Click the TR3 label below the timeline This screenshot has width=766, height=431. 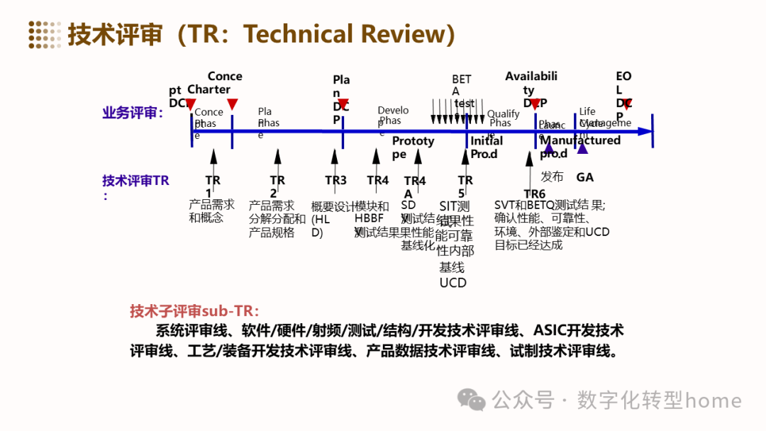pos(335,180)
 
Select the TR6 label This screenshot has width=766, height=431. pos(534,194)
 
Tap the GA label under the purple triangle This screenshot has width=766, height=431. pos(584,177)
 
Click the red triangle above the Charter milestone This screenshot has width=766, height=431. pos(232,104)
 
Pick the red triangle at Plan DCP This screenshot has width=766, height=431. pos(343,105)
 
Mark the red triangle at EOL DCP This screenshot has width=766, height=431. pos(627,105)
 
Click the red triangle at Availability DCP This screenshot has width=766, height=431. pos(535,105)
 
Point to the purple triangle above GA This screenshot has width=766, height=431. pos(582,147)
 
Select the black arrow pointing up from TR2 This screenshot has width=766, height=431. pos(277,159)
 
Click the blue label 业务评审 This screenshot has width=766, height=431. pos(133,113)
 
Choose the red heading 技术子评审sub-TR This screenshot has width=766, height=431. pos(194,311)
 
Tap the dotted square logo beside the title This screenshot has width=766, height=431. pos(44,34)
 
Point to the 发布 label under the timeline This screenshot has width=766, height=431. pos(552,177)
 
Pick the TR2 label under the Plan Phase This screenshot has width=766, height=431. pos(277,186)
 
